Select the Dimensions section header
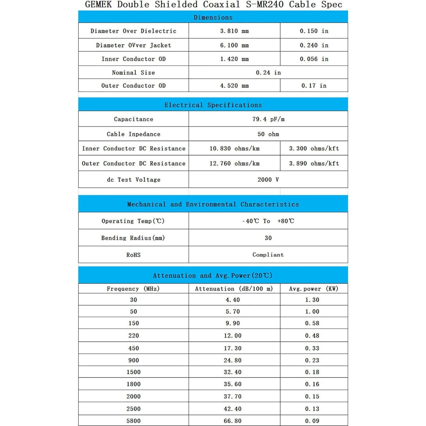click(x=213, y=17)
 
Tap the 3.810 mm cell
click(x=234, y=31)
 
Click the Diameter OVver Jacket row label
click(x=133, y=45)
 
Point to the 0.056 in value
click(x=314, y=59)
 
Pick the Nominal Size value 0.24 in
click(x=268, y=73)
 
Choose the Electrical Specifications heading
click(x=213, y=105)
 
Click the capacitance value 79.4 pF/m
click(x=268, y=119)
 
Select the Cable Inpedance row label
click(x=133, y=134)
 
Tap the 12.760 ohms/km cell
click(x=234, y=164)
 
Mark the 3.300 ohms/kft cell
click(x=314, y=148)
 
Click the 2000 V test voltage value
click(x=268, y=180)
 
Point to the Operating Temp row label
click(x=133, y=221)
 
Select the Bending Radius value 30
click(x=268, y=238)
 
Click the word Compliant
click(x=268, y=255)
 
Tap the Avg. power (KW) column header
click(x=314, y=289)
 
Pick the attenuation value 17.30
click(x=233, y=348)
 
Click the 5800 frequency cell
click(x=133, y=421)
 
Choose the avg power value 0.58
click(x=312, y=323)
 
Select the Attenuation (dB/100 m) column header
click(x=234, y=289)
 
